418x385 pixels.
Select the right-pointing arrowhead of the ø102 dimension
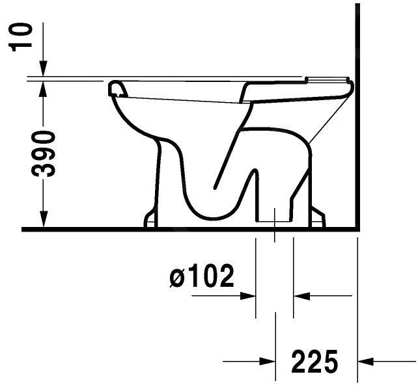coord(247,296)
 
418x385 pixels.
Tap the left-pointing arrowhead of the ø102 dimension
coord(301,296)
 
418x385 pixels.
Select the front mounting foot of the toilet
coord(150,220)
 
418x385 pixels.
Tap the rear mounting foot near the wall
coord(317,218)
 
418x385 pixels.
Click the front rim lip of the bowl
coord(116,88)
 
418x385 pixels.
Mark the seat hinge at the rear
coord(329,81)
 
